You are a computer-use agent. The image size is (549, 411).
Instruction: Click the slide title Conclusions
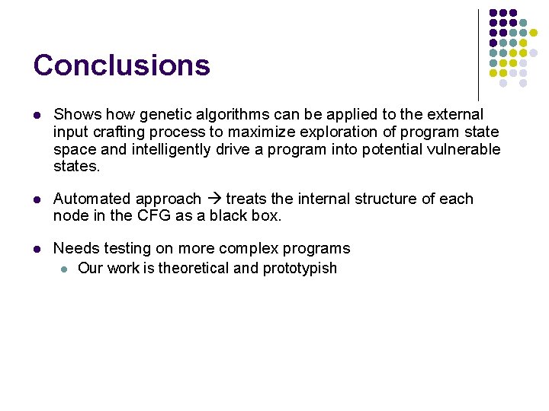pyautogui.click(x=121, y=65)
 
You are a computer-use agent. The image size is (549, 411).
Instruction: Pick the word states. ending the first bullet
pyautogui.click(x=76, y=166)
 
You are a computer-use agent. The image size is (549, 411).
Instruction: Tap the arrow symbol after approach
pyautogui.click(x=213, y=199)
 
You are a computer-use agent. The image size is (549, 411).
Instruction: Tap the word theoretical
pyautogui.click(x=193, y=268)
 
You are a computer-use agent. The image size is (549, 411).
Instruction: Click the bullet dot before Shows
pyautogui.click(x=37, y=115)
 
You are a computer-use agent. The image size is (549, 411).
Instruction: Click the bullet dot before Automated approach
pyautogui.click(x=37, y=199)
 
